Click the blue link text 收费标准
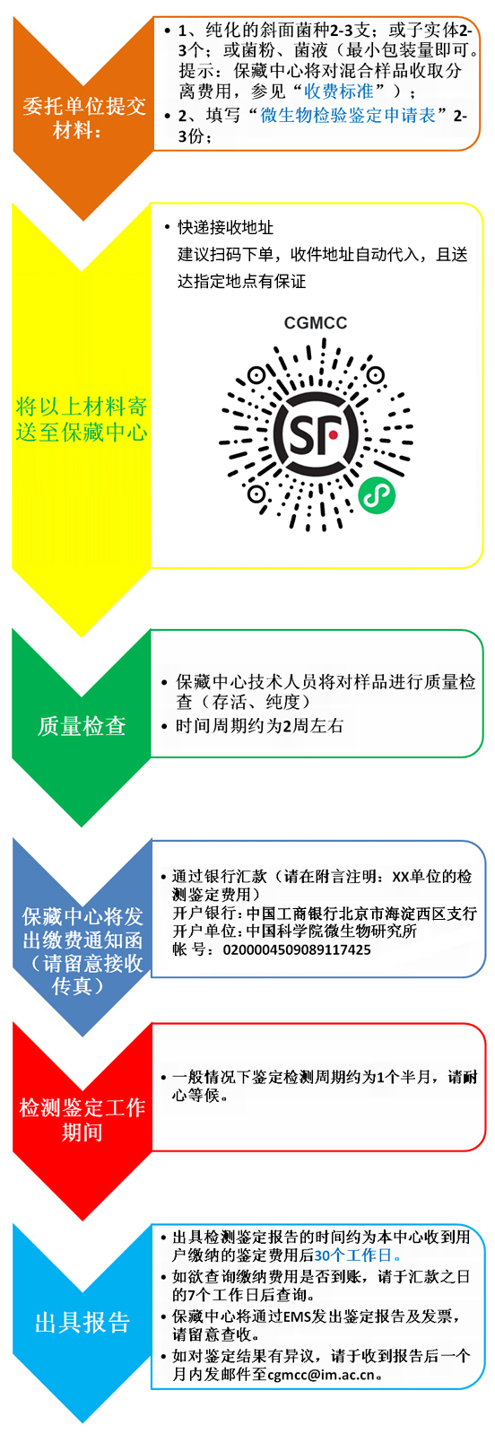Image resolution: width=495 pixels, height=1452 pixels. [x=338, y=91]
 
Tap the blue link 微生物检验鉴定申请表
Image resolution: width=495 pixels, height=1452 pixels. [x=347, y=116]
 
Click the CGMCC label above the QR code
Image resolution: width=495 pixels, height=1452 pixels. [x=316, y=323]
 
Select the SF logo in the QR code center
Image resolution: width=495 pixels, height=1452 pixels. [x=316, y=432]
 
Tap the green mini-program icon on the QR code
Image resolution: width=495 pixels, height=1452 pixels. [x=377, y=496]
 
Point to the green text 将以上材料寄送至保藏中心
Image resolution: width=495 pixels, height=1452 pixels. [x=82, y=419]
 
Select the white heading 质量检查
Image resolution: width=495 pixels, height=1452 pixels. [x=82, y=726]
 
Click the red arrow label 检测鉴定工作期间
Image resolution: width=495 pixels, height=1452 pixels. [x=82, y=1119]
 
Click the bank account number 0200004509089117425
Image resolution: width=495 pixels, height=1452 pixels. [x=297, y=949]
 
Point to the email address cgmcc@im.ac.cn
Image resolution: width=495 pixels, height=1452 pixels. [x=321, y=1374]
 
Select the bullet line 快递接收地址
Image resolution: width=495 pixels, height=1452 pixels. [x=225, y=228]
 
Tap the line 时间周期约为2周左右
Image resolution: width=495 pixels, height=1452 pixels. [x=259, y=725]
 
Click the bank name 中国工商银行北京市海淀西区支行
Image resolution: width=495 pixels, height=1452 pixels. [x=361, y=914]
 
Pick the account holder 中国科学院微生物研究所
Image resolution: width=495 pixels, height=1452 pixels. [x=332, y=932]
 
